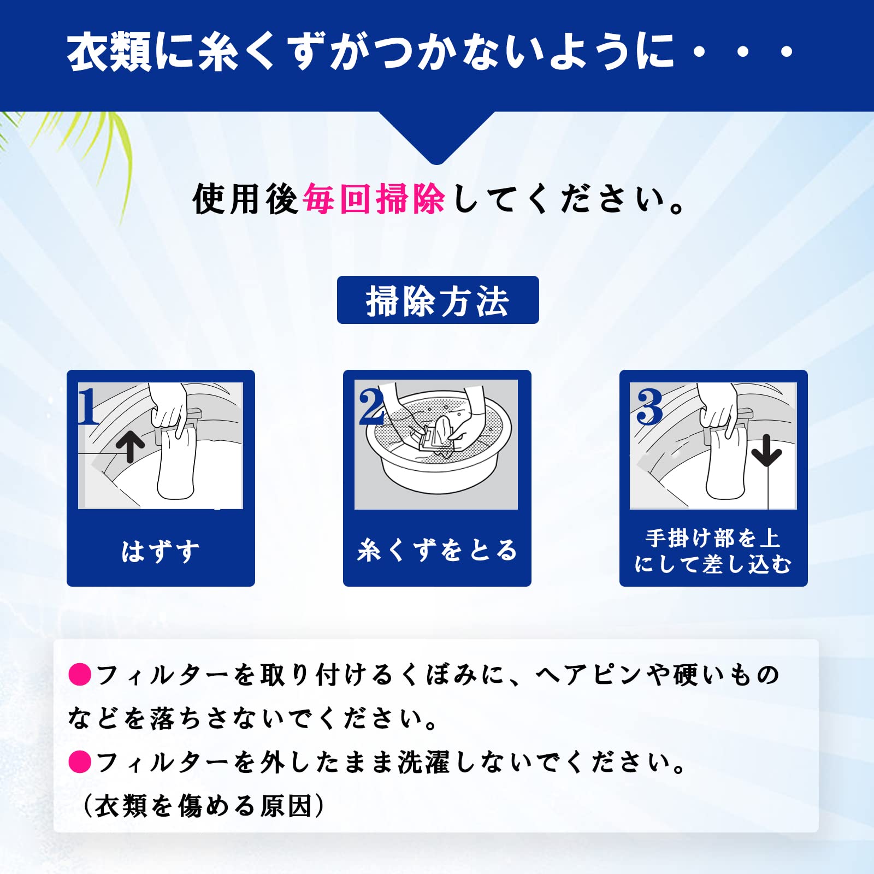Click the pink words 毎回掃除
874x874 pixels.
point(374,199)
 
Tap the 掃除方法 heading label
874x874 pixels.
point(438,300)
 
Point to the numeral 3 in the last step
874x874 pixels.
point(649,406)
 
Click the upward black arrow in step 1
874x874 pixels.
point(130,447)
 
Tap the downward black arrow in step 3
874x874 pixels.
point(767,450)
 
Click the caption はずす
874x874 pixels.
point(161,551)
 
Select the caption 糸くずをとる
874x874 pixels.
point(437,550)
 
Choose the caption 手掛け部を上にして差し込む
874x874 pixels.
point(713,551)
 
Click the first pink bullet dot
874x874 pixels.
point(80,674)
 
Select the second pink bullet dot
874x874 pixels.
point(80,761)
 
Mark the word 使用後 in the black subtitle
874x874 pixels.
point(245,199)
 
